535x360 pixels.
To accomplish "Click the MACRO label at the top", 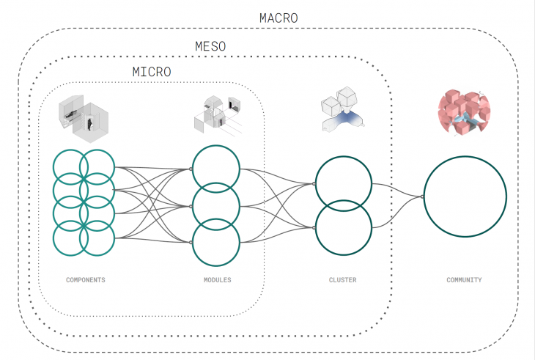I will [278, 18].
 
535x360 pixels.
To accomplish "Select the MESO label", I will [210, 46].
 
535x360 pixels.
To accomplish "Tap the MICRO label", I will [151, 72].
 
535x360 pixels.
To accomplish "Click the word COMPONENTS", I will [86, 280].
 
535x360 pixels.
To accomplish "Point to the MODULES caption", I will [217, 280].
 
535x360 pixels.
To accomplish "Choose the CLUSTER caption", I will [343, 280].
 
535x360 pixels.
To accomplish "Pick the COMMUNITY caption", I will [464, 280].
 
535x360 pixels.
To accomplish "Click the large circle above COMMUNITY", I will [465, 196].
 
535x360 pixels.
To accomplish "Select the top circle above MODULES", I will [215, 169].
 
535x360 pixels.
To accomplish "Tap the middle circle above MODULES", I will [215, 206].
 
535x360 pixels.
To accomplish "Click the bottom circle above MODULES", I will [215, 243].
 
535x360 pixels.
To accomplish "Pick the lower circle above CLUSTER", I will [343, 226].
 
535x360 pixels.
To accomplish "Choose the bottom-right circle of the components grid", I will [97, 238].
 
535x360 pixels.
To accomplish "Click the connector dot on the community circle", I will [424, 196].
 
